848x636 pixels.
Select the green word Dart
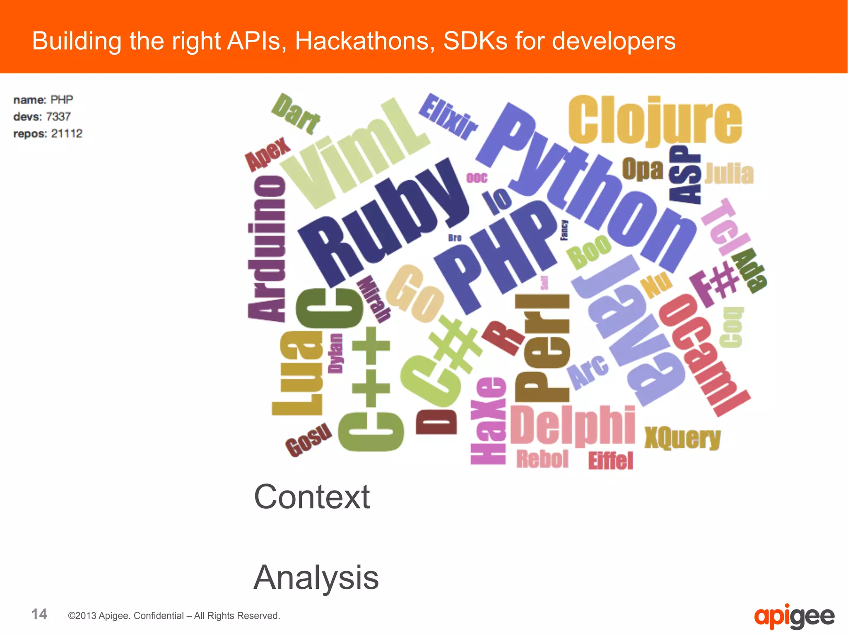[295, 114]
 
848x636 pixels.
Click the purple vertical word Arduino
[267, 249]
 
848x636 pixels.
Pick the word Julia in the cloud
[729, 174]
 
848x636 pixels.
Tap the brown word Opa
[642, 169]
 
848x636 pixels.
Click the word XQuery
[682, 438]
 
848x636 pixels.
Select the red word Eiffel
[611, 461]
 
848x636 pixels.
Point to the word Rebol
[542, 459]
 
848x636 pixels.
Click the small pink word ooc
[477, 178]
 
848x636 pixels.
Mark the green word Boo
[588, 251]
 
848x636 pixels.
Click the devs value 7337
[58, 116]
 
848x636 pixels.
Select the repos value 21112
[67, 133]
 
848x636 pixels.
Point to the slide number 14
[39, 614]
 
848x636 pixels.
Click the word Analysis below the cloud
[316, 577]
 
